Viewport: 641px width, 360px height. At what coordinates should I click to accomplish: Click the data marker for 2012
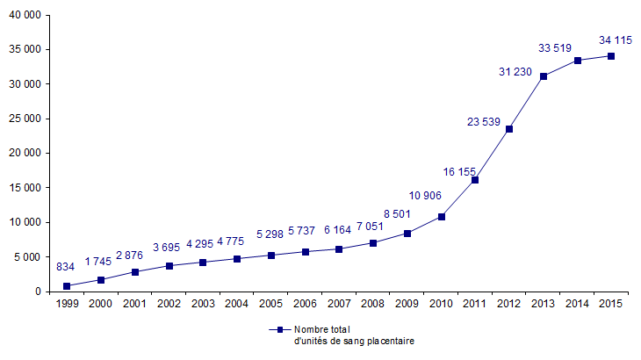509,129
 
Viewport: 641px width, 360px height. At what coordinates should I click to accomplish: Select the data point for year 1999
67,285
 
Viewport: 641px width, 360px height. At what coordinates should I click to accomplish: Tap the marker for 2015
611,56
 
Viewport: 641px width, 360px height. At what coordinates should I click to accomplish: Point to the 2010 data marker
441,216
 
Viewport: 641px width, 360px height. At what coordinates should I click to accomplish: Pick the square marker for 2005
270,255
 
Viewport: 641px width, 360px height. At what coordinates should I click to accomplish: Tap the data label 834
65,266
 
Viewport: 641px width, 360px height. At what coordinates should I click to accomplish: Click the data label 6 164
340,230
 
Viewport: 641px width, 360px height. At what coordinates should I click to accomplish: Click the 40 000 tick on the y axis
28,15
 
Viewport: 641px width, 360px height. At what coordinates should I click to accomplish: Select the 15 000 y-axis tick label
28,188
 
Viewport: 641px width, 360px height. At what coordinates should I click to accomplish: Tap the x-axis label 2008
373,304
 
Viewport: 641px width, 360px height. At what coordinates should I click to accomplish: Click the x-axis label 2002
169,304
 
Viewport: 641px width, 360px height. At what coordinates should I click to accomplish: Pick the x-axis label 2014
577,304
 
